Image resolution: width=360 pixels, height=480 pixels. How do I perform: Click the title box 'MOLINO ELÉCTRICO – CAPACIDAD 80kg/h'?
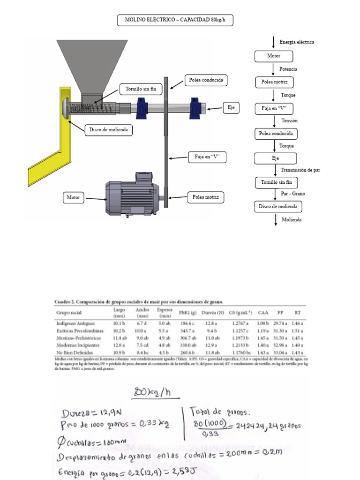(x=174, y=20)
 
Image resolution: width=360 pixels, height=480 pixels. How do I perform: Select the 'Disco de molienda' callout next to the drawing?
(x=108, y=130)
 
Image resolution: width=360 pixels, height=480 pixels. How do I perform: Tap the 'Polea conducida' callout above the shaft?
(x=206, y=81)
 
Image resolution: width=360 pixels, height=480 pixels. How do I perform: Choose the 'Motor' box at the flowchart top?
(x=274, y=56)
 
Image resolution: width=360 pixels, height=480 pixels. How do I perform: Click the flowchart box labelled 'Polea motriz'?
(x=274, y=82)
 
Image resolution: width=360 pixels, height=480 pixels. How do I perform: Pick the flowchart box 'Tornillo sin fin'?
(x=276, y=182)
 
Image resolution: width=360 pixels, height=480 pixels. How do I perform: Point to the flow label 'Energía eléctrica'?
(x=297, y=42)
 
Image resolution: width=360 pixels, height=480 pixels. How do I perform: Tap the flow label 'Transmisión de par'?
(x=300, y=170)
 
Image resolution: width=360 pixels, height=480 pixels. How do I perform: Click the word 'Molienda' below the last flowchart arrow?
(x=292, y=219)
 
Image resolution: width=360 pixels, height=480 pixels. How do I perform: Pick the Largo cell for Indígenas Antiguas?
(x=119, y=323)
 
